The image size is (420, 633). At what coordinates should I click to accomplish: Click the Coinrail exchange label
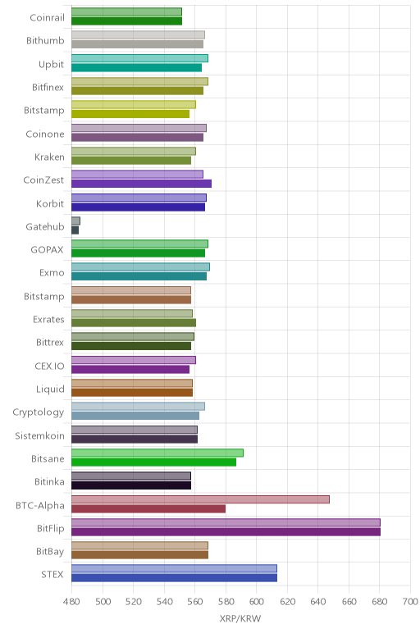[x=47, y=17]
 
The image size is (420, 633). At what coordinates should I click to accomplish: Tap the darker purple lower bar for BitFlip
[x=226, y=531]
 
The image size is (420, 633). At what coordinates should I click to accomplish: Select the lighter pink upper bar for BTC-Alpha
[x=200, y=499]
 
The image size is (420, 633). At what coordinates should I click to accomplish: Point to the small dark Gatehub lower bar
[x=75, y=230]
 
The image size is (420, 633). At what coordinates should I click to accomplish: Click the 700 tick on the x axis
[x=410, y=602]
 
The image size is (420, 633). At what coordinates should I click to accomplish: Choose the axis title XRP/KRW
[x=240, y=618]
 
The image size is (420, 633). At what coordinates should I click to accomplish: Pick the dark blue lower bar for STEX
[x=174, y=578]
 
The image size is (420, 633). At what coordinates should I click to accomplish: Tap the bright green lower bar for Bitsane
[x=154, y=462]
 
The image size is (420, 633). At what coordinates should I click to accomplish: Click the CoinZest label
[x=43, y=180]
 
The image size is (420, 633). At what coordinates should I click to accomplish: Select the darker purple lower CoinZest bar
[x=141, y=184]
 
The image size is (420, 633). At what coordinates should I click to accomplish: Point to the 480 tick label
[x=71, y=602]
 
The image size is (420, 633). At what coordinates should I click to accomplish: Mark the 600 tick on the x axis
[x=256, y=602]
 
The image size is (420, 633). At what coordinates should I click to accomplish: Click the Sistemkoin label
[x=39, y=435]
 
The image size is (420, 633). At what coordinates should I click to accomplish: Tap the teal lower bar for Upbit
[x=136, y=68]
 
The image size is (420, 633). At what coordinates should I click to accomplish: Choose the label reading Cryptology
[x=39, y=412]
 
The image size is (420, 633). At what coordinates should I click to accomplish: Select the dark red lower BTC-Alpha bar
[x=148, y=508]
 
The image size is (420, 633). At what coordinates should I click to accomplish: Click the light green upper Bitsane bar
[x=157, y=453]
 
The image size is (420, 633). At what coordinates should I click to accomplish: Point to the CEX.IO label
[x=49, y=367]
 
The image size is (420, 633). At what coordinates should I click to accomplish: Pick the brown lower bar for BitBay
[x=139, y=554]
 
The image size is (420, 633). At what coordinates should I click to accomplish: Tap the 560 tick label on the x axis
[x=194, y=602]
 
